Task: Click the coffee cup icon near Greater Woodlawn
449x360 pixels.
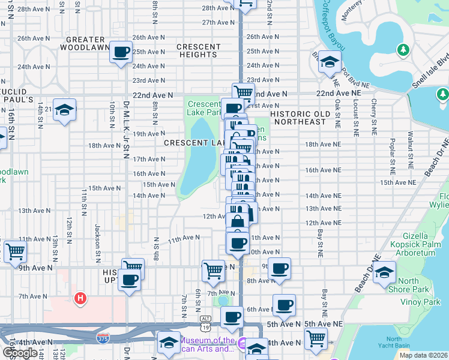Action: pos(122,52)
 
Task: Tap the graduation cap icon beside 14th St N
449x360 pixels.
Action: pos(64,110)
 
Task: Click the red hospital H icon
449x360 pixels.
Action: pos(79,298)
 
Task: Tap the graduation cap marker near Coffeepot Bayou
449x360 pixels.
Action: pos(329,61)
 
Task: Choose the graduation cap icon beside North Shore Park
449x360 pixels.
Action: pos(384,272)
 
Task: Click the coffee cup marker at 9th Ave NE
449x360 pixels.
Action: pos(279,268)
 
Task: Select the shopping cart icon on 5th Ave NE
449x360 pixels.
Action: pos(316,338)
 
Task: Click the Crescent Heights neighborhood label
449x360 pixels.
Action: pos(199,51)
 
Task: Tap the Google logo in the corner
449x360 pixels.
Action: pos(20,353)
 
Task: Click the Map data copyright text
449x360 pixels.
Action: pos(423,355)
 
